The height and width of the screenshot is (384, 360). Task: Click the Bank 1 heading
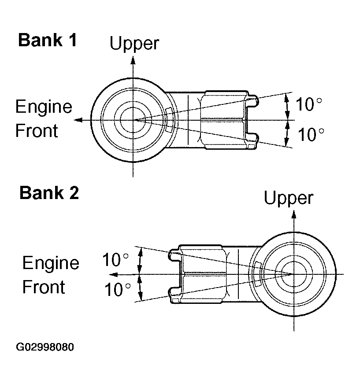point(48,41)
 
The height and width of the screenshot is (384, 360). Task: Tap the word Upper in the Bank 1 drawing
point(134,44)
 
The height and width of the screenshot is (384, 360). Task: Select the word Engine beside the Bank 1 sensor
point(44,107)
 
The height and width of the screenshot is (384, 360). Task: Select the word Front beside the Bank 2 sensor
point(44,287)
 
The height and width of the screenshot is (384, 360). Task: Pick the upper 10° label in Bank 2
point(116,260)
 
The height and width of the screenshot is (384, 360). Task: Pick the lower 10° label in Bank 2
point(117,289)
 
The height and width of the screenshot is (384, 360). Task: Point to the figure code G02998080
point(45,347)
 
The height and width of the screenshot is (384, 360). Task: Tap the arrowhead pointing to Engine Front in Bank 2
point(112,274)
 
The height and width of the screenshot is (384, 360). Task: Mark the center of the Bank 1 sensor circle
point(133,120)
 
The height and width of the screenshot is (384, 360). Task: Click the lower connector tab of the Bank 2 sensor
point(174,293)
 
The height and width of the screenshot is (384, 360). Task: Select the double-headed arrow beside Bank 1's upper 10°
point(287,106)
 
